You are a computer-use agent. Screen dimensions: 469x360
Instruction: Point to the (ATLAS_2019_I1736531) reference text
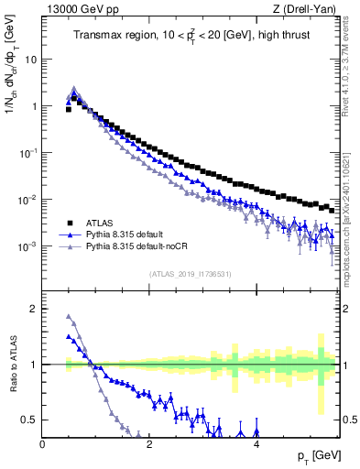189,274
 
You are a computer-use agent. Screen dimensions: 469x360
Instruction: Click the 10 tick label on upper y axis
28,59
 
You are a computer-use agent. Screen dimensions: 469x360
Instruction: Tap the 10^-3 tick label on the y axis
27,246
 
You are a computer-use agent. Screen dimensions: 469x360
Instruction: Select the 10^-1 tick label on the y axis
27,153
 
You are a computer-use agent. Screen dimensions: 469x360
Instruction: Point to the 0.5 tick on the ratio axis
28,420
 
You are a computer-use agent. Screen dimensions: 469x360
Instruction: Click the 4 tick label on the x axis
256,444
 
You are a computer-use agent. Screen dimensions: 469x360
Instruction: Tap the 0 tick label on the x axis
42,444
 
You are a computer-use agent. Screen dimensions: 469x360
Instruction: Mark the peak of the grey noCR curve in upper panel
74,89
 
